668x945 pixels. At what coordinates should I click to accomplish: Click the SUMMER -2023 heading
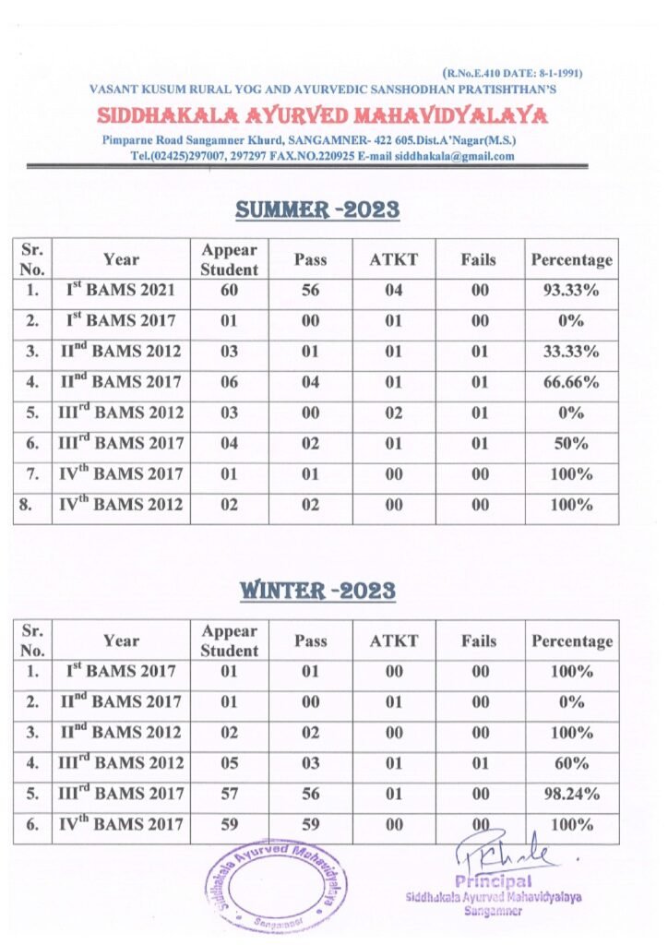pyautogui.click(x=317, y=209)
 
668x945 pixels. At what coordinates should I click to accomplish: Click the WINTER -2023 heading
pyautogui.click(x=317, y=591)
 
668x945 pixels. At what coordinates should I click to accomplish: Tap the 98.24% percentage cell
pyautogui.click(x=571, y=794)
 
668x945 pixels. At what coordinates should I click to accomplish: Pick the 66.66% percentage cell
pyautogui.click(x=571, y=382)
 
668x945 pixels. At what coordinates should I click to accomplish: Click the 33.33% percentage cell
pyautogui.click(x=571, y=352)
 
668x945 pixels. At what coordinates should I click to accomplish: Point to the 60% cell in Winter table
pyautogui.click(x=571, y=763)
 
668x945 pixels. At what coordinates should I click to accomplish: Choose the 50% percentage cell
pyautogui.click(x=571, y=443)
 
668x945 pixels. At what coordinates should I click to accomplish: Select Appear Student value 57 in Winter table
pyautogui.click(x=229, y=794)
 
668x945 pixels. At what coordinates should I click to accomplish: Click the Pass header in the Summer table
pyautogui.click(x=310, y=260)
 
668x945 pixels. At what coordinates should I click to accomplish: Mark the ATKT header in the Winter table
pyautogui.click(x=393, y=641)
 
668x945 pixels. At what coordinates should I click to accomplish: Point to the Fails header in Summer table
pyautogui.click(x=479, y=260)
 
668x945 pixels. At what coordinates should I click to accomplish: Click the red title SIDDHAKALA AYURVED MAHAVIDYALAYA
pyautogui.click(x=322, y=116)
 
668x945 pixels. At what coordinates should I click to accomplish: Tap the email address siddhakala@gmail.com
pyautogui.click(x=459, y=157)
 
